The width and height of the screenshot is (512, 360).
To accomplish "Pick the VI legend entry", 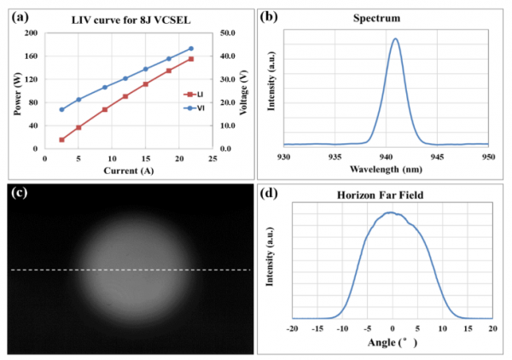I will pyautogui.click(x=197, y=107).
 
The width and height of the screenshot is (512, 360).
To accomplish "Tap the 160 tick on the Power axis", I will pyautogui.click(x=32, y=56).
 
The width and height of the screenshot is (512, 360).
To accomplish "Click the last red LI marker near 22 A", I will pyautogui.click(x=190, y=59).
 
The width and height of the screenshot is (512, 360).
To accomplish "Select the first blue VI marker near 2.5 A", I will pyautogui.click(x=61, y=109).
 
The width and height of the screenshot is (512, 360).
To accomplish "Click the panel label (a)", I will pyautogui.click(x=15, y=15).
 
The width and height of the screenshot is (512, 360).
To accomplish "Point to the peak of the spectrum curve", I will pyautogui.click(x=395, y=38).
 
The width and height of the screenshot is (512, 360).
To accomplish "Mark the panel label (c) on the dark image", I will pyautogui.click(x=16, y=191).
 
